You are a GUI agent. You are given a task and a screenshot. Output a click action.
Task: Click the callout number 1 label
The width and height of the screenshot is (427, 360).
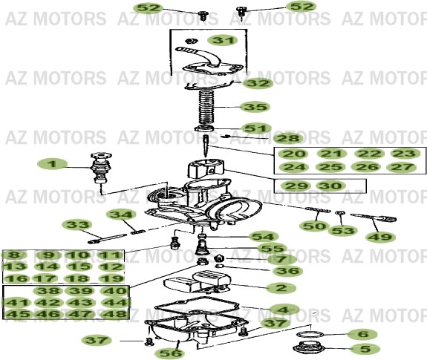click(52, 163)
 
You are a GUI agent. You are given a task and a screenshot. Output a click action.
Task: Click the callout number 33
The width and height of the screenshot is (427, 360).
click(76, 223)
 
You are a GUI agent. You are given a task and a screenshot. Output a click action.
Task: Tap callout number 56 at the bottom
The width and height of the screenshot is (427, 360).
click(177, 353)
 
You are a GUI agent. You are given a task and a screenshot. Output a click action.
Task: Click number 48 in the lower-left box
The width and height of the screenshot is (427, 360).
click(114, 314)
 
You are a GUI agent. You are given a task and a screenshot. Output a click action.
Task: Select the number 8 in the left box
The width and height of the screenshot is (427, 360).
click(14, 255)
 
